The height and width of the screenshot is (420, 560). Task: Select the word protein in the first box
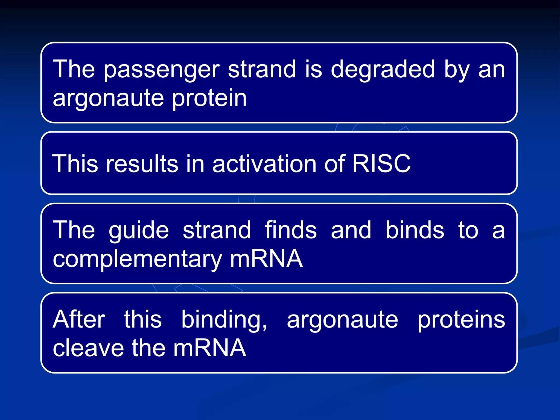tap(209, 98)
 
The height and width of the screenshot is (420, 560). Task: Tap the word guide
tap(139, 231)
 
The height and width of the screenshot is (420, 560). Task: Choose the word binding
tap(224, 320)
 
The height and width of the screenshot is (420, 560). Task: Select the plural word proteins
tap(461, 320)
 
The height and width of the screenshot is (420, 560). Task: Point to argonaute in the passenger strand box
tap(108, 98)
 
